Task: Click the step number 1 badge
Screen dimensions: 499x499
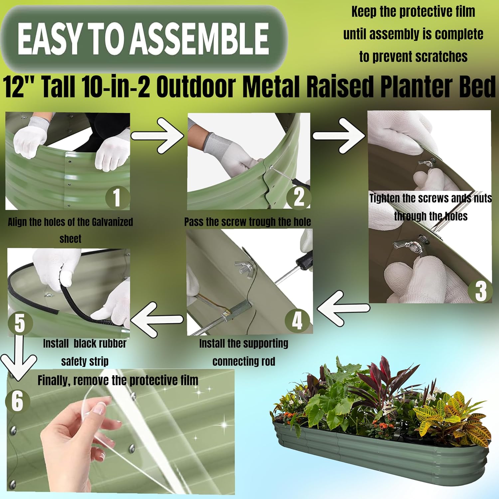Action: [x=117, y=198]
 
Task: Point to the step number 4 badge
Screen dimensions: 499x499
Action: [x=297, y=321]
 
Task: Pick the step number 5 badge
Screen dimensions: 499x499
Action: [x=20, y=323]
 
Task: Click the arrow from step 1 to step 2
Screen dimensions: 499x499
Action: [x=157, y=136]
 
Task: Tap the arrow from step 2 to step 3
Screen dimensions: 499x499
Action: [x=339, y=136]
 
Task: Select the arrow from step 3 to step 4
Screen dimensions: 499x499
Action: [x=343, y=308]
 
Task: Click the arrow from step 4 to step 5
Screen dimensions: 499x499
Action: [x=157, y=319]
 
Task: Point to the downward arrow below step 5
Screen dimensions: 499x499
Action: [x=19, y=358]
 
